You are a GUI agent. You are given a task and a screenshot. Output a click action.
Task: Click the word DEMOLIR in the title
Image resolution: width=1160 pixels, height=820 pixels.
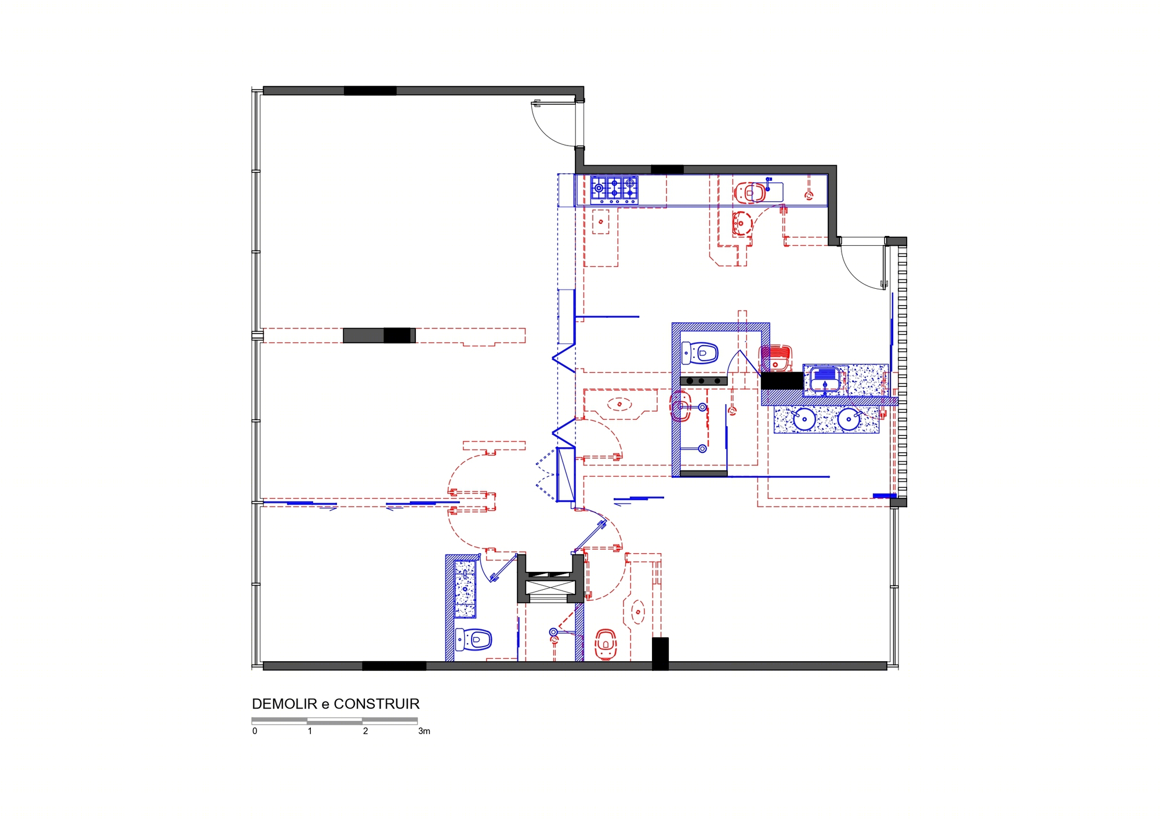pos(285,704)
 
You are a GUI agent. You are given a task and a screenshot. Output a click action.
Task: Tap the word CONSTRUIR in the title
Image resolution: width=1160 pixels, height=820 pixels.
pos(376,704)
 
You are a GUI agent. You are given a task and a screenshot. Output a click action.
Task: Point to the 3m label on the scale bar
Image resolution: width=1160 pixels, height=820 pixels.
pos(424,731)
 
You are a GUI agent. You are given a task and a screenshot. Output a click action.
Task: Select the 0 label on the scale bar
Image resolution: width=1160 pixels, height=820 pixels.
pos(255,731)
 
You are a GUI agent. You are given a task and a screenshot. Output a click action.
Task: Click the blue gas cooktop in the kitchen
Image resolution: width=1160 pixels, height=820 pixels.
pos(614,190)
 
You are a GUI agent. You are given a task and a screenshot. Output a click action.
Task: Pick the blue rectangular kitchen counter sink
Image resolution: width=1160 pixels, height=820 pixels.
pos(767,191)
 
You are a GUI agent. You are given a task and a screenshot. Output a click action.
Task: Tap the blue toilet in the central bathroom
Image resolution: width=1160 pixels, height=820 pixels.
pos(700,353)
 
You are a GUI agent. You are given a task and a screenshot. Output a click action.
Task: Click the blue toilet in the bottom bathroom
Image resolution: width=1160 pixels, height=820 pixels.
pos(473,640)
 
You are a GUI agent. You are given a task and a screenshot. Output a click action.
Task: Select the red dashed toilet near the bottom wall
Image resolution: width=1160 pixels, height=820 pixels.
pos(606,644)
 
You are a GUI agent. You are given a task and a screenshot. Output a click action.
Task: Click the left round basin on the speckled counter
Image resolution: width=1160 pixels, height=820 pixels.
pos(804,419)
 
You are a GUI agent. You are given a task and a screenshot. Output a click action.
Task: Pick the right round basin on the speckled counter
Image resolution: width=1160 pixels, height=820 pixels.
pos(849,419)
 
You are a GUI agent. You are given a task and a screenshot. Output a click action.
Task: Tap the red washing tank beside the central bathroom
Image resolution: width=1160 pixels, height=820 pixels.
pos(776,358)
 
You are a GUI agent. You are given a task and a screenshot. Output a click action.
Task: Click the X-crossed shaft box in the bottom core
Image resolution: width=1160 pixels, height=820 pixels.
pos(550,589)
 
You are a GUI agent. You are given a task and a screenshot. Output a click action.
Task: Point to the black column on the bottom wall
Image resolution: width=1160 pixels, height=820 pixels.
pos(660,654)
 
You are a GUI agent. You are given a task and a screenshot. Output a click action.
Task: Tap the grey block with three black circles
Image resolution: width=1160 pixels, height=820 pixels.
pos(704,381)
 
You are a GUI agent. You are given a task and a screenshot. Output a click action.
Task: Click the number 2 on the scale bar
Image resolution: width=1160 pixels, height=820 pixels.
pos(365,731)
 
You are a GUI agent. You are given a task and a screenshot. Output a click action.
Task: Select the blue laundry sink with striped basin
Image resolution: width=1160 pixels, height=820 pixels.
pos(825,380)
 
